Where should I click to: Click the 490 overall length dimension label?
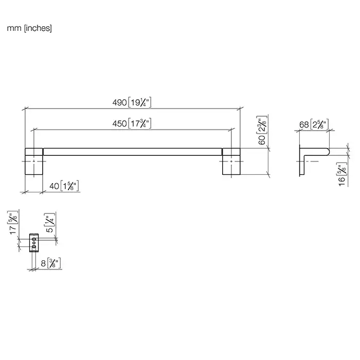tap(132, 102)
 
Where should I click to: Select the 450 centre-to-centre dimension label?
tap(132, 123)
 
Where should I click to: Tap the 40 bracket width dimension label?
tap(64, 186)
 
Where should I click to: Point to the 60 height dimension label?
tap(262, 130)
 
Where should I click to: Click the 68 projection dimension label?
tap(314, 124)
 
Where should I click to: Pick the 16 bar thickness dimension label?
tap(342, 174)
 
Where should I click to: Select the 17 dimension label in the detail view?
tap(13, 223)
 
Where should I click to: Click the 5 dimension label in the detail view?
tap(50, 223)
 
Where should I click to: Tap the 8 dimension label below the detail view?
tap(51, 263)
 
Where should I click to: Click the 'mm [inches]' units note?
tap(29, 28)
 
